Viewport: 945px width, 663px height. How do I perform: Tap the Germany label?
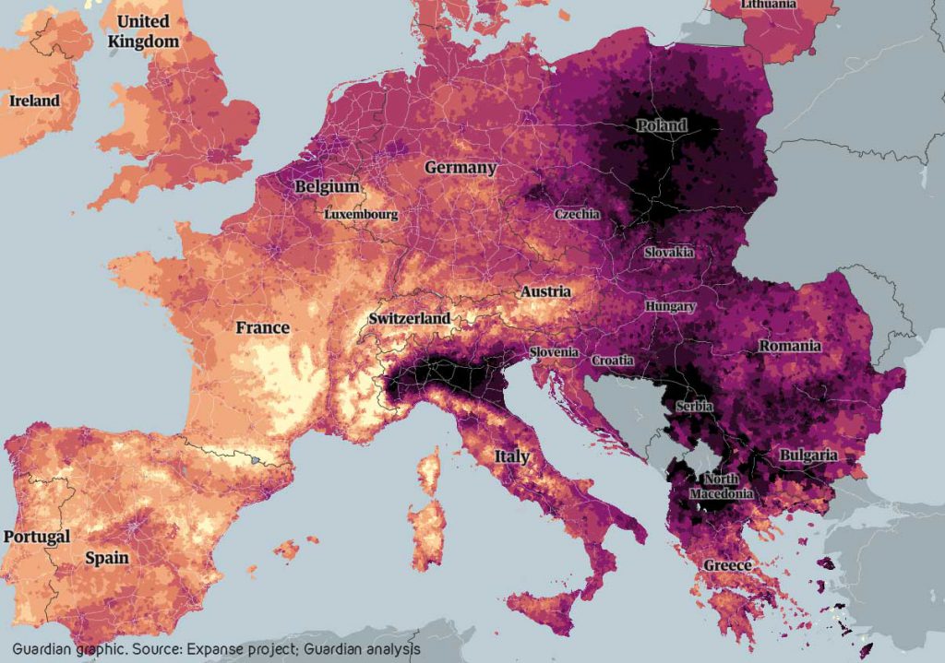pos(461,168)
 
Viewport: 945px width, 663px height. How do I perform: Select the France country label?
pos(262,327)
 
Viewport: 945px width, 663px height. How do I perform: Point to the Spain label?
pos(107,558)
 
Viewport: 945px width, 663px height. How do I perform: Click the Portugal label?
pos(36,536)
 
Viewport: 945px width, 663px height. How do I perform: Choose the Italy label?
pos(511,456)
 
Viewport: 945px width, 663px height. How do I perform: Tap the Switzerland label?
pos(410,318)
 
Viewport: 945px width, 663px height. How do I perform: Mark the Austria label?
pos(545,291)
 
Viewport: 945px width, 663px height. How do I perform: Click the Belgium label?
pos(327,187)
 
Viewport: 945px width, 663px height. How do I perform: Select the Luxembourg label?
pos(361,214)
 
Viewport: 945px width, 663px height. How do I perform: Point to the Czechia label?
pos(577,214)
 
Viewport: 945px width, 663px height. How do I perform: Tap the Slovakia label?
pos(670,252)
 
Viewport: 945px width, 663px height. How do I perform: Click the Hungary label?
pos(671,305)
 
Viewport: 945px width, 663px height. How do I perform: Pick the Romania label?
pos(789,347)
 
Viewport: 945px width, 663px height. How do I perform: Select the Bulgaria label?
pos(808,456)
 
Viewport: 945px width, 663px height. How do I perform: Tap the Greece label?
pos(728,564)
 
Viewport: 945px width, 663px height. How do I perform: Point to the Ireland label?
pos(34,101)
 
